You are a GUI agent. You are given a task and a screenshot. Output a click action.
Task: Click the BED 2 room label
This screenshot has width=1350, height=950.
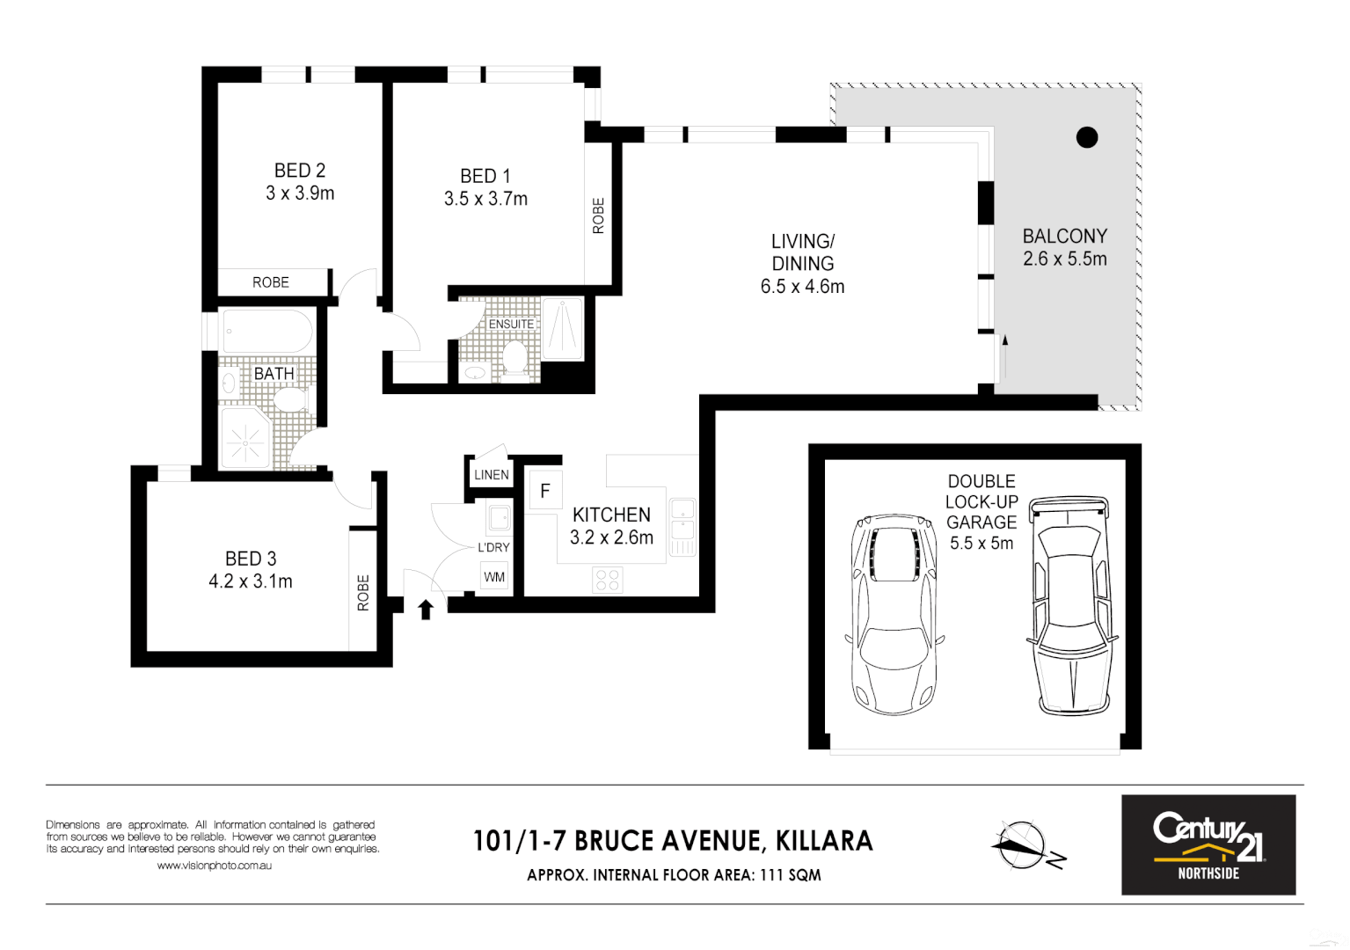click(x=300, y=171)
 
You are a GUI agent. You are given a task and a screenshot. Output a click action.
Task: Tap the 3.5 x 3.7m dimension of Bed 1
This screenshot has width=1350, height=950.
click(x=485, y=200)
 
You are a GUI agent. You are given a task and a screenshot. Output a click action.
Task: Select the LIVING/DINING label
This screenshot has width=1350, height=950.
click(x=802, y=252)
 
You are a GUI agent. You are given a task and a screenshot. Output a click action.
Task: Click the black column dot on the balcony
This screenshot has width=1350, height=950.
click(x=1087, y=137)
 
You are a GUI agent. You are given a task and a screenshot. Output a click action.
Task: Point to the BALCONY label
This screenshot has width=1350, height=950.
click(x=1064, y=237)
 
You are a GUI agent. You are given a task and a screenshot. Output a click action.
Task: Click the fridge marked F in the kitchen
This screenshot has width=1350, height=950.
click(x=545, y=491)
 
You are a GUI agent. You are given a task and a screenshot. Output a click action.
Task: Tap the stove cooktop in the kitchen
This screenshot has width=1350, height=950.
click(x=608, y=579)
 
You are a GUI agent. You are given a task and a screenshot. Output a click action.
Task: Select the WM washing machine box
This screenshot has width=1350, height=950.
click(x=494, y=577)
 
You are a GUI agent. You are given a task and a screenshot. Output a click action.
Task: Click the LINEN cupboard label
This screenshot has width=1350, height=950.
click(x=491, y=475)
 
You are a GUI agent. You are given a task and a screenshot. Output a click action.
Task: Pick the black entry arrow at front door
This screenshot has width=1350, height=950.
click(x=426, y=610)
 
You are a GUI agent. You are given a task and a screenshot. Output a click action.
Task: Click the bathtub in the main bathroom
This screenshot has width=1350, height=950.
click(x=266, y=331)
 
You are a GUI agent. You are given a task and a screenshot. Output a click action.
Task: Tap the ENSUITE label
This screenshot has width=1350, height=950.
click(x=511, y=325)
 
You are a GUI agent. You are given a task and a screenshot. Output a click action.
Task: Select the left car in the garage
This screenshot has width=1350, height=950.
click(x=894, y=614)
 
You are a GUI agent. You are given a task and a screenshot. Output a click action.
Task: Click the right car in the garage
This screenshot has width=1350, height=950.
click(x=1071, y=605)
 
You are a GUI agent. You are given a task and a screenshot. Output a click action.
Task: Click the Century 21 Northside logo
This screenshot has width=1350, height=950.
click(x=1208, y=844)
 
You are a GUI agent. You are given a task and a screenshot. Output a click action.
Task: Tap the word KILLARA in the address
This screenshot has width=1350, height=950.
click(x=824, y=842)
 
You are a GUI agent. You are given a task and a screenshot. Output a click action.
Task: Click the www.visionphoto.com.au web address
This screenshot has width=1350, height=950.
click(x=214, y=866)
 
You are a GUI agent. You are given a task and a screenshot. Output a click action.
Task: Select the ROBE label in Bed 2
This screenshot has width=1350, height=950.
click(x=271, y=282)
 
